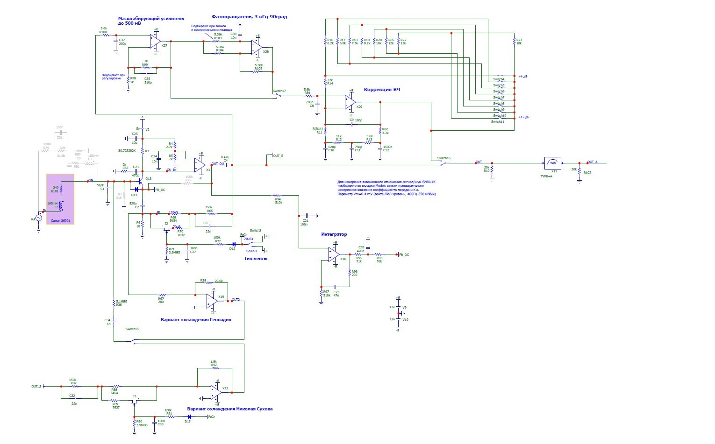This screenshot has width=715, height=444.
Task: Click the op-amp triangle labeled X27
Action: (155, 41)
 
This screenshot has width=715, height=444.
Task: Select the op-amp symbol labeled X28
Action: (256, 47)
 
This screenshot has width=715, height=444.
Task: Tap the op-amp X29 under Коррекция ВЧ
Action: (350, 102)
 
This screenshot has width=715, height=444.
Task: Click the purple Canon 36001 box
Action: (60, 199)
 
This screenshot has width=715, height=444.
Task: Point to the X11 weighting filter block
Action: (553, 163)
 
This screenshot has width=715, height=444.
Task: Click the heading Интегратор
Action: (334, 234)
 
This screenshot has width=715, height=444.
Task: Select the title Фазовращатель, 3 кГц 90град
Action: (249, 17)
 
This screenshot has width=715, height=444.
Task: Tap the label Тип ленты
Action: (256, 258)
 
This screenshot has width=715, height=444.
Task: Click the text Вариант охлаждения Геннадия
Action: (196, 320)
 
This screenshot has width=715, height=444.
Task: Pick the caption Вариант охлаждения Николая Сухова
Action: (229, 409)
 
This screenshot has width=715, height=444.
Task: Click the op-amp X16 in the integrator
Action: (334, 254)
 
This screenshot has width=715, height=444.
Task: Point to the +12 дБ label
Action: (523, 117)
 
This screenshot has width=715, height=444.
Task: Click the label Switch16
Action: (444, 158)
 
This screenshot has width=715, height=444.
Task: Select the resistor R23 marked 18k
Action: (514, 41)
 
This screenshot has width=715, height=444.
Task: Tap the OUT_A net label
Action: (593, 162)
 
